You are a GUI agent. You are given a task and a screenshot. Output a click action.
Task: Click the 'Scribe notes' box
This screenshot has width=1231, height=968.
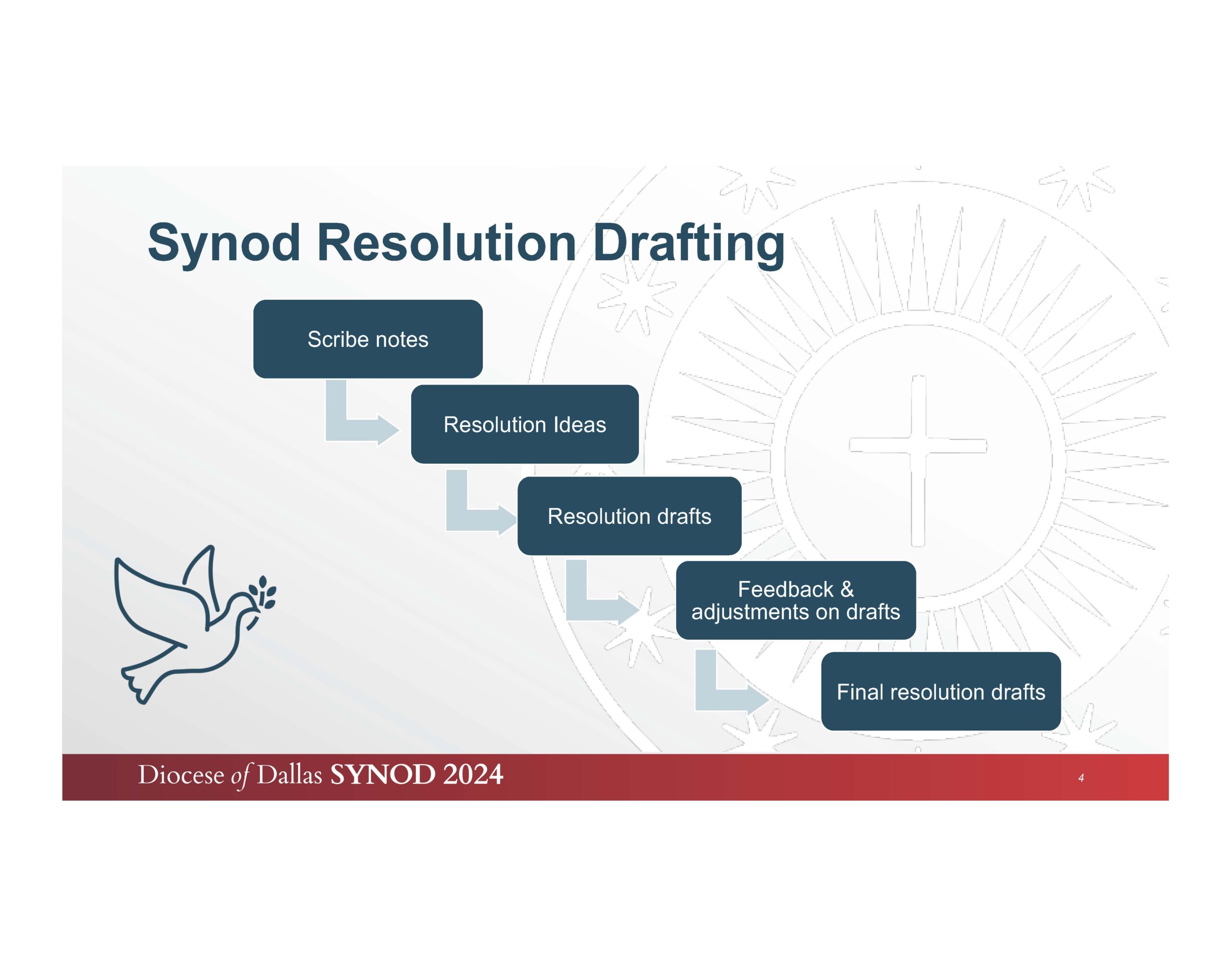(368, 339)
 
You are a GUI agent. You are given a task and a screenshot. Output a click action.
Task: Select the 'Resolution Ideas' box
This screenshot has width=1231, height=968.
(525, 424)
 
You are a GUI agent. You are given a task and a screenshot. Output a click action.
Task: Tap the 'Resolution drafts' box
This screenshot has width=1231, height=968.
(629, 515)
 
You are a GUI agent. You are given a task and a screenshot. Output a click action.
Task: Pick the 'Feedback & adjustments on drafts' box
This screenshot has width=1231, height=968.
(796, 600)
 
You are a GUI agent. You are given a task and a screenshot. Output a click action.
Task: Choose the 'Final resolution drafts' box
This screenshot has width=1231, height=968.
(941, 691)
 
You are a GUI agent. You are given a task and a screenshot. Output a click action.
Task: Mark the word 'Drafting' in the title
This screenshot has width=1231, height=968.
(689, 244)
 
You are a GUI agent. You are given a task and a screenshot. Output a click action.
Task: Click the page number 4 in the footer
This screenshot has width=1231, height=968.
(1081, 778)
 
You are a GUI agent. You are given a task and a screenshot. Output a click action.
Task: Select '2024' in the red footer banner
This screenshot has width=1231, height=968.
(473, 775)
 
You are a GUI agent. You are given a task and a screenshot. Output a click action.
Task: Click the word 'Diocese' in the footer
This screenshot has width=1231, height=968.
(181, 775)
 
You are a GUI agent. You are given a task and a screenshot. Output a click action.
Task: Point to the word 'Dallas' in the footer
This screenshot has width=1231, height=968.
(289, 775)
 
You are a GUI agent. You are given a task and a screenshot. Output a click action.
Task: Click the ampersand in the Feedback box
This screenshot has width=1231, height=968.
(847, 590)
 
